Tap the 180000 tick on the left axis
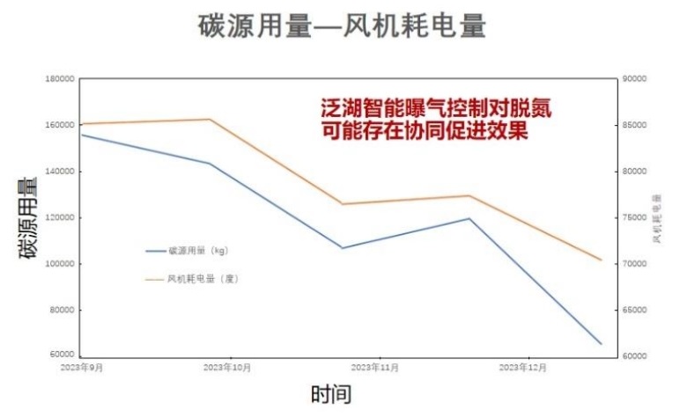coord(58,79)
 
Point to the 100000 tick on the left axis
coord(58,264)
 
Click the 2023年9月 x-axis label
coord(81,365)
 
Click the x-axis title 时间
coord(330,393)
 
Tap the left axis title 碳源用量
coord(28,217)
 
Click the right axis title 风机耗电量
coord(658,218)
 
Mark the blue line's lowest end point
coord(602,344)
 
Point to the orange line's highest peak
coord(209,119)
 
